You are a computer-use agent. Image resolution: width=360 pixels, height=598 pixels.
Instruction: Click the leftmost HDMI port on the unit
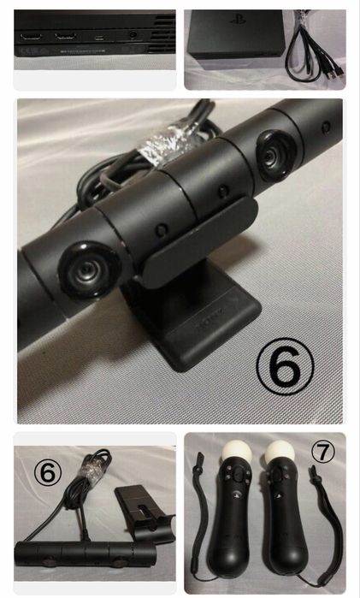click(x=31, y=38)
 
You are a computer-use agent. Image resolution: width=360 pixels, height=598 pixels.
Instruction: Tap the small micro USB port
click(x=100, y=38)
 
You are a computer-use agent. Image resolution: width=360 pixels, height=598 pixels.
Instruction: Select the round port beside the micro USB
click(x=133, y=35)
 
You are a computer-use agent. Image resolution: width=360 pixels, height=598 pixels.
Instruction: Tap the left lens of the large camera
click(x=89, y=270)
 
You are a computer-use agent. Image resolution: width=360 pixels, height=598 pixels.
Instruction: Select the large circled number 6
click(x=285, y=366)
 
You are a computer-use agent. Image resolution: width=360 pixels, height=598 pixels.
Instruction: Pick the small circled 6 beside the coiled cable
click(x=48, y=472)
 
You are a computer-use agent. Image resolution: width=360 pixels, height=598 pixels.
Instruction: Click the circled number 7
click(x=323, y=452)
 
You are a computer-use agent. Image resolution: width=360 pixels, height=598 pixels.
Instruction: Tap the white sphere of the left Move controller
click(x=237, y=453)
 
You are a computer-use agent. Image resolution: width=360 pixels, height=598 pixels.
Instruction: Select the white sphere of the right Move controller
click(x=280, y=453)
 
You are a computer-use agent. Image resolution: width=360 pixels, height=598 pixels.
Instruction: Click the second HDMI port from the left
click(x=66, y=37)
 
